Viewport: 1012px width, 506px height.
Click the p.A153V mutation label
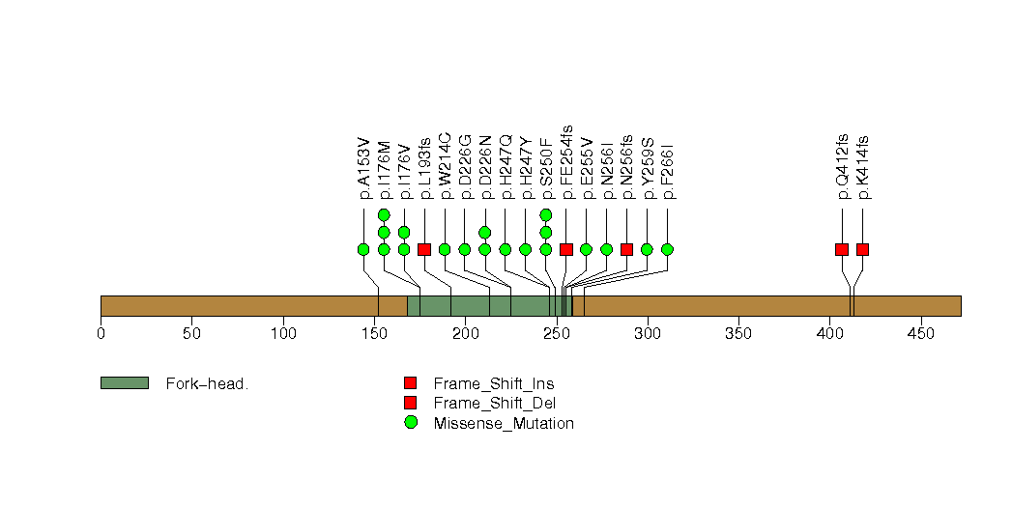point(363,168)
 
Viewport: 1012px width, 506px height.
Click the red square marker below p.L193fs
point(424,249)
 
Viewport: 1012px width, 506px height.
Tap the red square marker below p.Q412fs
point(842,249)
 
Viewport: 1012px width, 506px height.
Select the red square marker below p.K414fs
point(862,249)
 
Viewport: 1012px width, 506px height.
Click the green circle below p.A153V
point(363,249)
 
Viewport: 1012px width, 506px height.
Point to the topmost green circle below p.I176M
point(384,214)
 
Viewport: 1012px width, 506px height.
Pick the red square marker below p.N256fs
point(626,249)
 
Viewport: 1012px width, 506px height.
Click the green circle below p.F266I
point(667,249)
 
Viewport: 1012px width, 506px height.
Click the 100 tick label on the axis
point(283,334)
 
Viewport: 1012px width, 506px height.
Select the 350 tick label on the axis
point(738,334)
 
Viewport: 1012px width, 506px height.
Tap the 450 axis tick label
point(920,334)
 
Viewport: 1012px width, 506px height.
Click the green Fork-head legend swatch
point(124,383)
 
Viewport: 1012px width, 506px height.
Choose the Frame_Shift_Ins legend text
point(493,384)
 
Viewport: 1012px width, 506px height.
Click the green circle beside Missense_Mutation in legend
point(411,422)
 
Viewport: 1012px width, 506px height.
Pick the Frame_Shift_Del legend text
point(494,404)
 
